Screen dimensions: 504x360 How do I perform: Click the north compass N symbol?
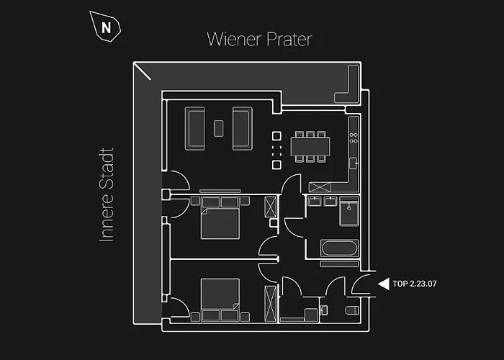106,27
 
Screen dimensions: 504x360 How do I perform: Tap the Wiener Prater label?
259,39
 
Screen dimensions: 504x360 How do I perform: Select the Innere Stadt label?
107,195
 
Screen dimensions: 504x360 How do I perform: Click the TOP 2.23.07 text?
415,284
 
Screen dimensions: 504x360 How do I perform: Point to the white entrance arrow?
384,284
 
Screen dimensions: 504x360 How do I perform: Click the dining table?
310,147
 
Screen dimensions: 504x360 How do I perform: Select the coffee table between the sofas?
219,128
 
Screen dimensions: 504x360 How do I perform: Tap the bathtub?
339,248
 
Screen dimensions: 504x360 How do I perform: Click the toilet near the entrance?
352,310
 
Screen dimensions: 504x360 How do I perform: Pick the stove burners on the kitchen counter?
354,138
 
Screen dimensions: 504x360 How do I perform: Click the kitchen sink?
354,163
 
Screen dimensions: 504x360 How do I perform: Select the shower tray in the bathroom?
349,211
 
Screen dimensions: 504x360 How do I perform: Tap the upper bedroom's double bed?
220,219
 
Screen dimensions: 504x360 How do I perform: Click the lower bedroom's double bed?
220,300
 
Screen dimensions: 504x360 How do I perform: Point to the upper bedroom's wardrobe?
271,207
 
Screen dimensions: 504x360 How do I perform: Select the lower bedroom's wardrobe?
270,304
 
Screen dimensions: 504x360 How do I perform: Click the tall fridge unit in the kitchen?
320,187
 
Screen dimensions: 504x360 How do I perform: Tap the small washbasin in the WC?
324,310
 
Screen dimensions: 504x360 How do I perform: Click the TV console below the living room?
220,192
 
